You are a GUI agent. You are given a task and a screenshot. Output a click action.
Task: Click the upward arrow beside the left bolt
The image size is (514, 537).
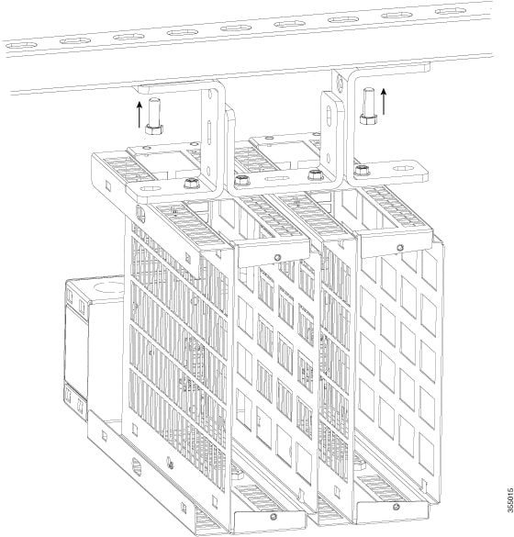coord(140,115)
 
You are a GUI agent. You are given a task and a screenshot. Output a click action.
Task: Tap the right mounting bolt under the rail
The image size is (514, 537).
coord(368,104)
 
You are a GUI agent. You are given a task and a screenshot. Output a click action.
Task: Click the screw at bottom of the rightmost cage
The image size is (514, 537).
coord(396,507)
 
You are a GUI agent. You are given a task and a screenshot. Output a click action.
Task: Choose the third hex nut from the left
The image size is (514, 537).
coord(315,174)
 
